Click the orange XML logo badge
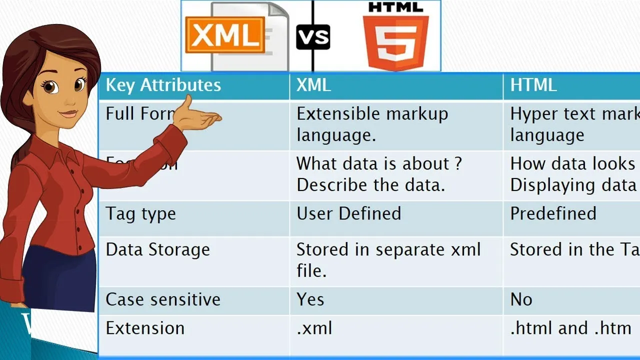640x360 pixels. tap(224, 34)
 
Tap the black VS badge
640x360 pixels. tap(313, 36)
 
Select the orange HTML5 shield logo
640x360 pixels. tap(395, 41)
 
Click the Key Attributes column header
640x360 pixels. tap(163, 85)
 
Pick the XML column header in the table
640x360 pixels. tap(313, 85)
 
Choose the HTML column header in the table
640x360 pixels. tap(533, 85)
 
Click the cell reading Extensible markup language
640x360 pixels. tap(372, 124)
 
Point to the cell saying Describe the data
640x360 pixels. tap(370, 185)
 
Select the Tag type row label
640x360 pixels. tap(140, 214)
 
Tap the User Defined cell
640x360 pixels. tap(348, 214)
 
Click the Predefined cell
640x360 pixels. tap(553, 214)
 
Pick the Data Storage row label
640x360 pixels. tap(157, 250)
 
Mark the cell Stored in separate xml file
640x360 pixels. tap(388, 260)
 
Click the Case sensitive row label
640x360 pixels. tap(163, 299)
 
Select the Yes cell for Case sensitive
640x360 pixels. tap(310, 299)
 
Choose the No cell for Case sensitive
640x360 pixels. tap(521, 299)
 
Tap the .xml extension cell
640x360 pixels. tap(314, 328)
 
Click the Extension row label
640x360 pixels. tap(145, 328)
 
